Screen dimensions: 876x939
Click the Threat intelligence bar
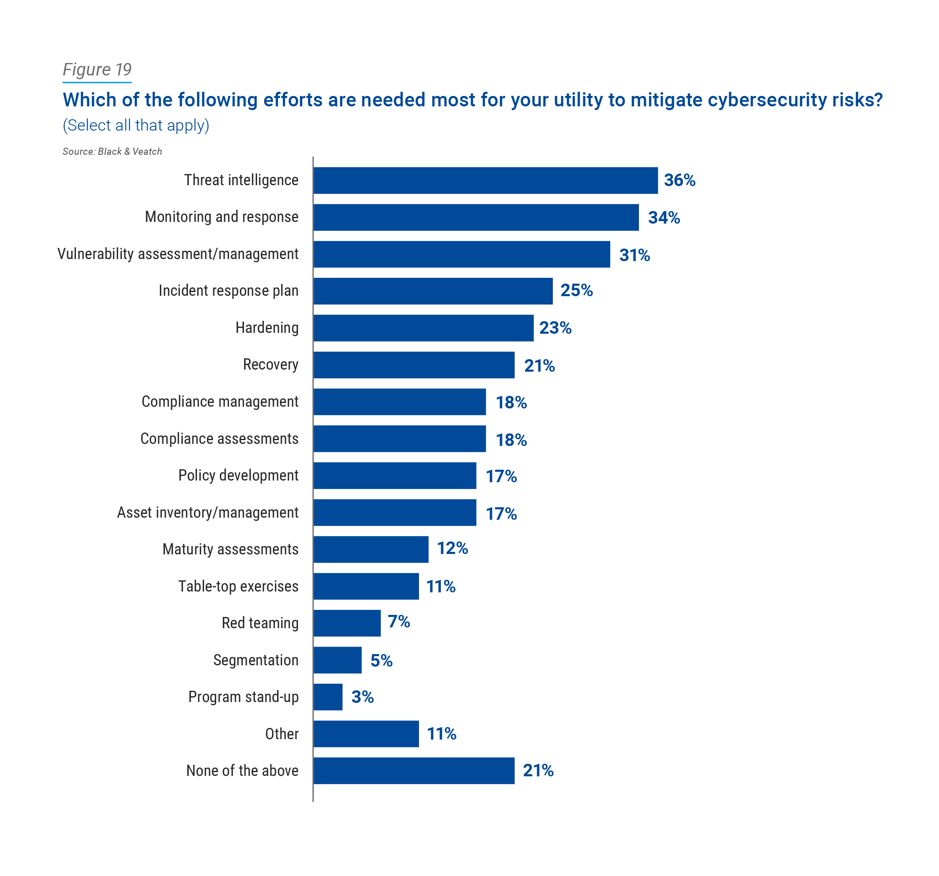pos(485,180)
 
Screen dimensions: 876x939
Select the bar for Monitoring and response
pos(476,217)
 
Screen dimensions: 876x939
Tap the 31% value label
pos(634,255)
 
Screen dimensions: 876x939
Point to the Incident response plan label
pos(228,290)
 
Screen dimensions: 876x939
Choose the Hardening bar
pos(423,328)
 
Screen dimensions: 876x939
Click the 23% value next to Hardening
pos(555,328)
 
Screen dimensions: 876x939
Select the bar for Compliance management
pos(399,402)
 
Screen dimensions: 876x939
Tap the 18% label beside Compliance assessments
pos(511,440)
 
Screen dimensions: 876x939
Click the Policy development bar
pos(395,476)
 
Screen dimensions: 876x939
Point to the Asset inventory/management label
pos(207,512)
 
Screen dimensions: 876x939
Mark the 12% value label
pos(452,548)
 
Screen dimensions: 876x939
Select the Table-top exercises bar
pos(366,586)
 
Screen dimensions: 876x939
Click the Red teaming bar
pos(347,623)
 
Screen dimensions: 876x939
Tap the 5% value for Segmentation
pos(381,660)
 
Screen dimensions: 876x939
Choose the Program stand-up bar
pos(328,697)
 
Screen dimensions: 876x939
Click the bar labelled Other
pos(366,733)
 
